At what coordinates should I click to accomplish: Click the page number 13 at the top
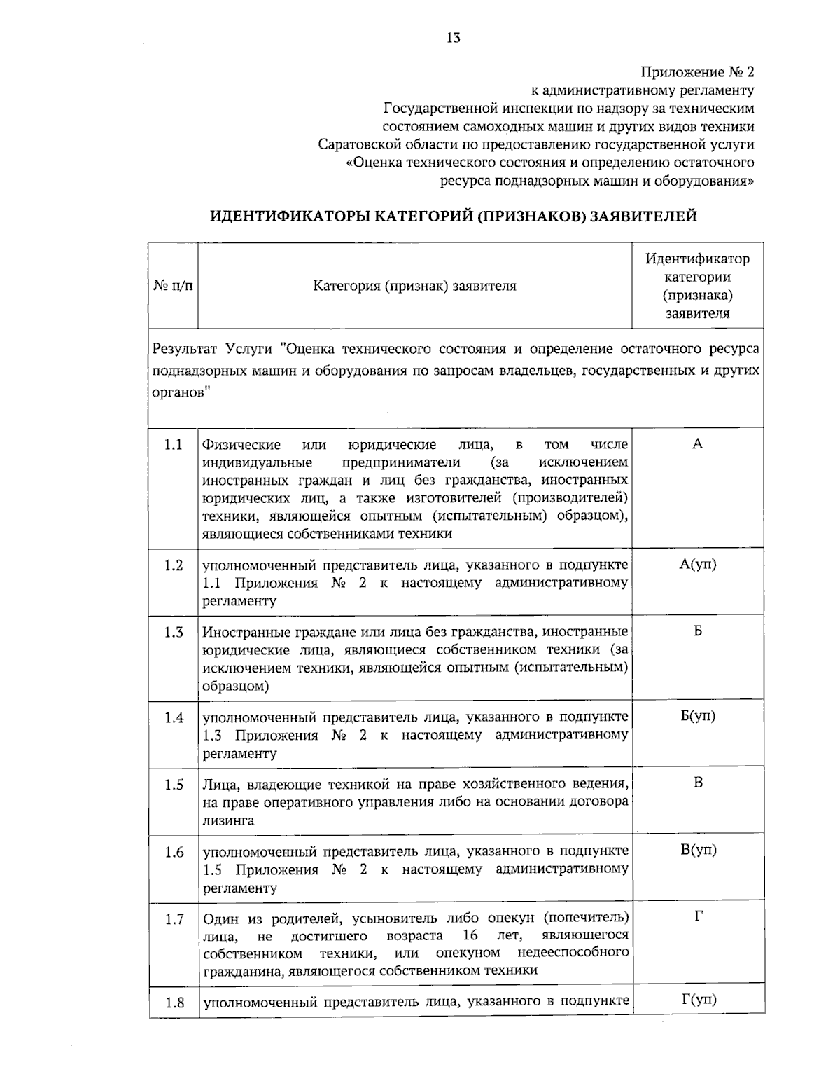pos(453,38)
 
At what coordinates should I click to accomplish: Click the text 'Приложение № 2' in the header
pos(698,72)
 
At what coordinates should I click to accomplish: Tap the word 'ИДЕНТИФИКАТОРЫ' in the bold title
pos(289,216)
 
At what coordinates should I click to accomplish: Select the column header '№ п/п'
pos(173,286)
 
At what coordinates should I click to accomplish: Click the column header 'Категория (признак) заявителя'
pos(414,286)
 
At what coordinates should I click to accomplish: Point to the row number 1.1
pos(174,445)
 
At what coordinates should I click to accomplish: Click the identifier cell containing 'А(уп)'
pos(697,565)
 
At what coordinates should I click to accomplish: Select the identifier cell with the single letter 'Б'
pos(698,631)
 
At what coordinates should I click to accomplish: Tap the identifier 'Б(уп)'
pos(697,717)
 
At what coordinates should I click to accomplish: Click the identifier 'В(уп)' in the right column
pos(698,850)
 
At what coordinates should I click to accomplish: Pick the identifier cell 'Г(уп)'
pos(698,1000)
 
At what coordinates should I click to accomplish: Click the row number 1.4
pos(174,717)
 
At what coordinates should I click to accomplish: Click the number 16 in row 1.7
pos(470,936)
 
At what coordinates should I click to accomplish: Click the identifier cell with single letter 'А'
pos(697,444)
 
